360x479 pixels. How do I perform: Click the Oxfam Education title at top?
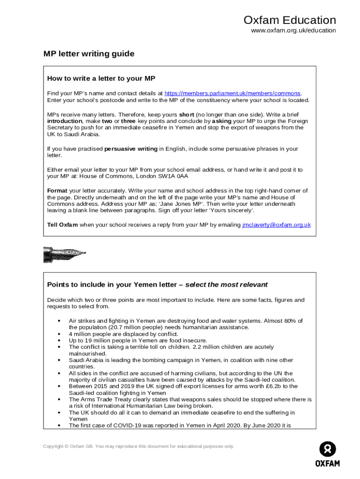pos(289,20)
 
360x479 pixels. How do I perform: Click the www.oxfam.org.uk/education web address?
pos(293,30)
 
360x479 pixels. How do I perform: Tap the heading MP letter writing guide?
pos(89,54)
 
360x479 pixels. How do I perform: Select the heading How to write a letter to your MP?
pos(101,78)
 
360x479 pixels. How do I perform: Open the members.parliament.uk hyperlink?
pos(233,93)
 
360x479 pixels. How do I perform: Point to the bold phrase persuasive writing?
pos(130,149)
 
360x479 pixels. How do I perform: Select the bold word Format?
pos(57,190)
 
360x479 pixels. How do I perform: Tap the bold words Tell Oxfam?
pos(62,225)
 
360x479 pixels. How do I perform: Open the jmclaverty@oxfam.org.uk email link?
pos(276,225)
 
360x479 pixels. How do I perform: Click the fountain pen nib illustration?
pos(64,254)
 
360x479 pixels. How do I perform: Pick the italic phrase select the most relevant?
pos(226,284)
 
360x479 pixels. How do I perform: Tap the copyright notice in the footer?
pos(138,446)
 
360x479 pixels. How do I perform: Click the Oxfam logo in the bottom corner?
pos(327,454)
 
